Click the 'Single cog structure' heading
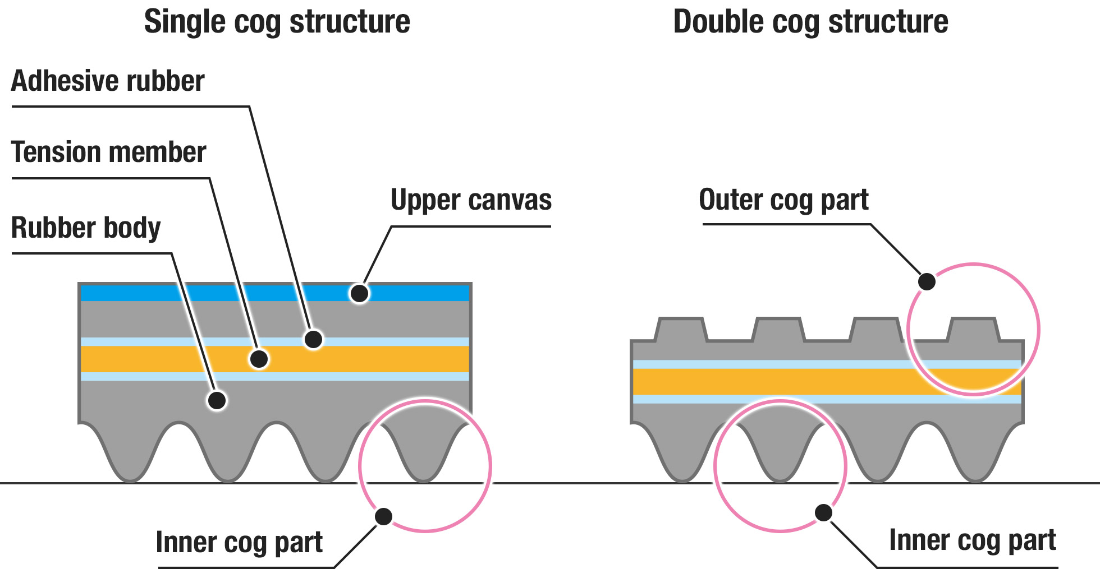(x=277, y=22)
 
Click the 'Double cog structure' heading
(x=810, y=22)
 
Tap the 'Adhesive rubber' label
(x=108, y=81)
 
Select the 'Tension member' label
(x=109, y=152)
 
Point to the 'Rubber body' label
(x=86, y=228)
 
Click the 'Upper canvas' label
(x=471, y=200)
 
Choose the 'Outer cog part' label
(x=783, y=200)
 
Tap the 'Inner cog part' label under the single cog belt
(x=239, y=543)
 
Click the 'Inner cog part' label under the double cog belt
(x=973, y=540)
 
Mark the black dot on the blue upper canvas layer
(x=359, y=293)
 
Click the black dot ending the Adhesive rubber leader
(x=313, y=339)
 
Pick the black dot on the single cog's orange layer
(x=259, y=359)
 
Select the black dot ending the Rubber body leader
(x=217, y=400)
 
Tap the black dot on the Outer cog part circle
(x=927, y=281)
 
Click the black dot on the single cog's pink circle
(x=383, y=516)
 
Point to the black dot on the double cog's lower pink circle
(x=823, y=512)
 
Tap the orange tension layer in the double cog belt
(x=786, y=382)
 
